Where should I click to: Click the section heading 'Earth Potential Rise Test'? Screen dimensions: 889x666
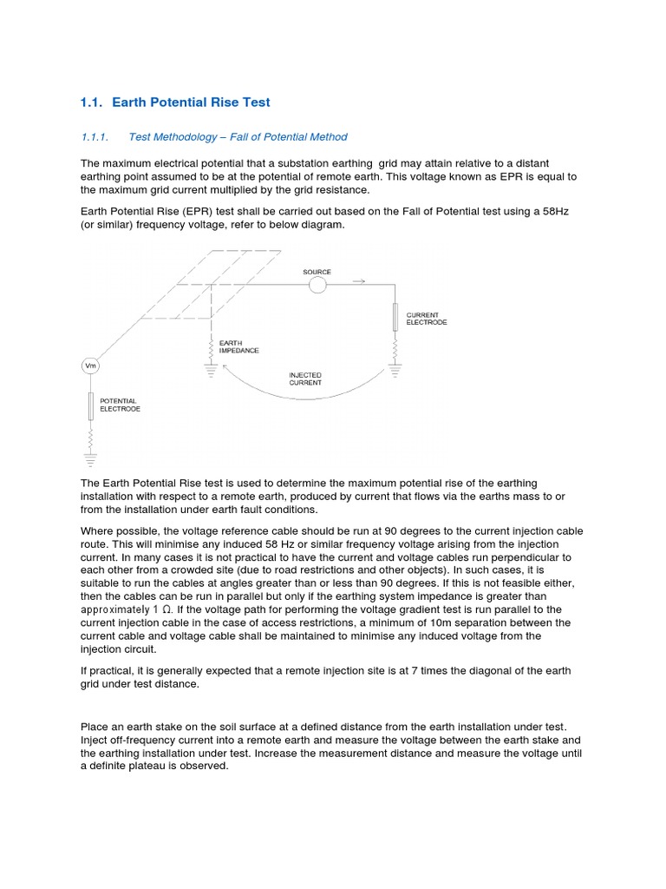191,102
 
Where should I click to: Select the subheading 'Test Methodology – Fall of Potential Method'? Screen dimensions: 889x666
238,137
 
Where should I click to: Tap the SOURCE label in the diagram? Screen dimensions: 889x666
317,272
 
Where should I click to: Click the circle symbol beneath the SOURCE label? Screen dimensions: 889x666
317,285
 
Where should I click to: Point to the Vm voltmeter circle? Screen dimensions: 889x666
90,366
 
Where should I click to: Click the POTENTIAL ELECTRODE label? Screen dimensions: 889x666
120,405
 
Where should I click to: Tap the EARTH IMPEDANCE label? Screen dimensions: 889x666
238,346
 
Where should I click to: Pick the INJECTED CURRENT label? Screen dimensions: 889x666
305,379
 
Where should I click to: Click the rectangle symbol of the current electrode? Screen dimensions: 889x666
395,317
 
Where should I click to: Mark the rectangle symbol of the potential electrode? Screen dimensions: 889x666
90,405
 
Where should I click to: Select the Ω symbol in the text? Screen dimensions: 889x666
166,609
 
